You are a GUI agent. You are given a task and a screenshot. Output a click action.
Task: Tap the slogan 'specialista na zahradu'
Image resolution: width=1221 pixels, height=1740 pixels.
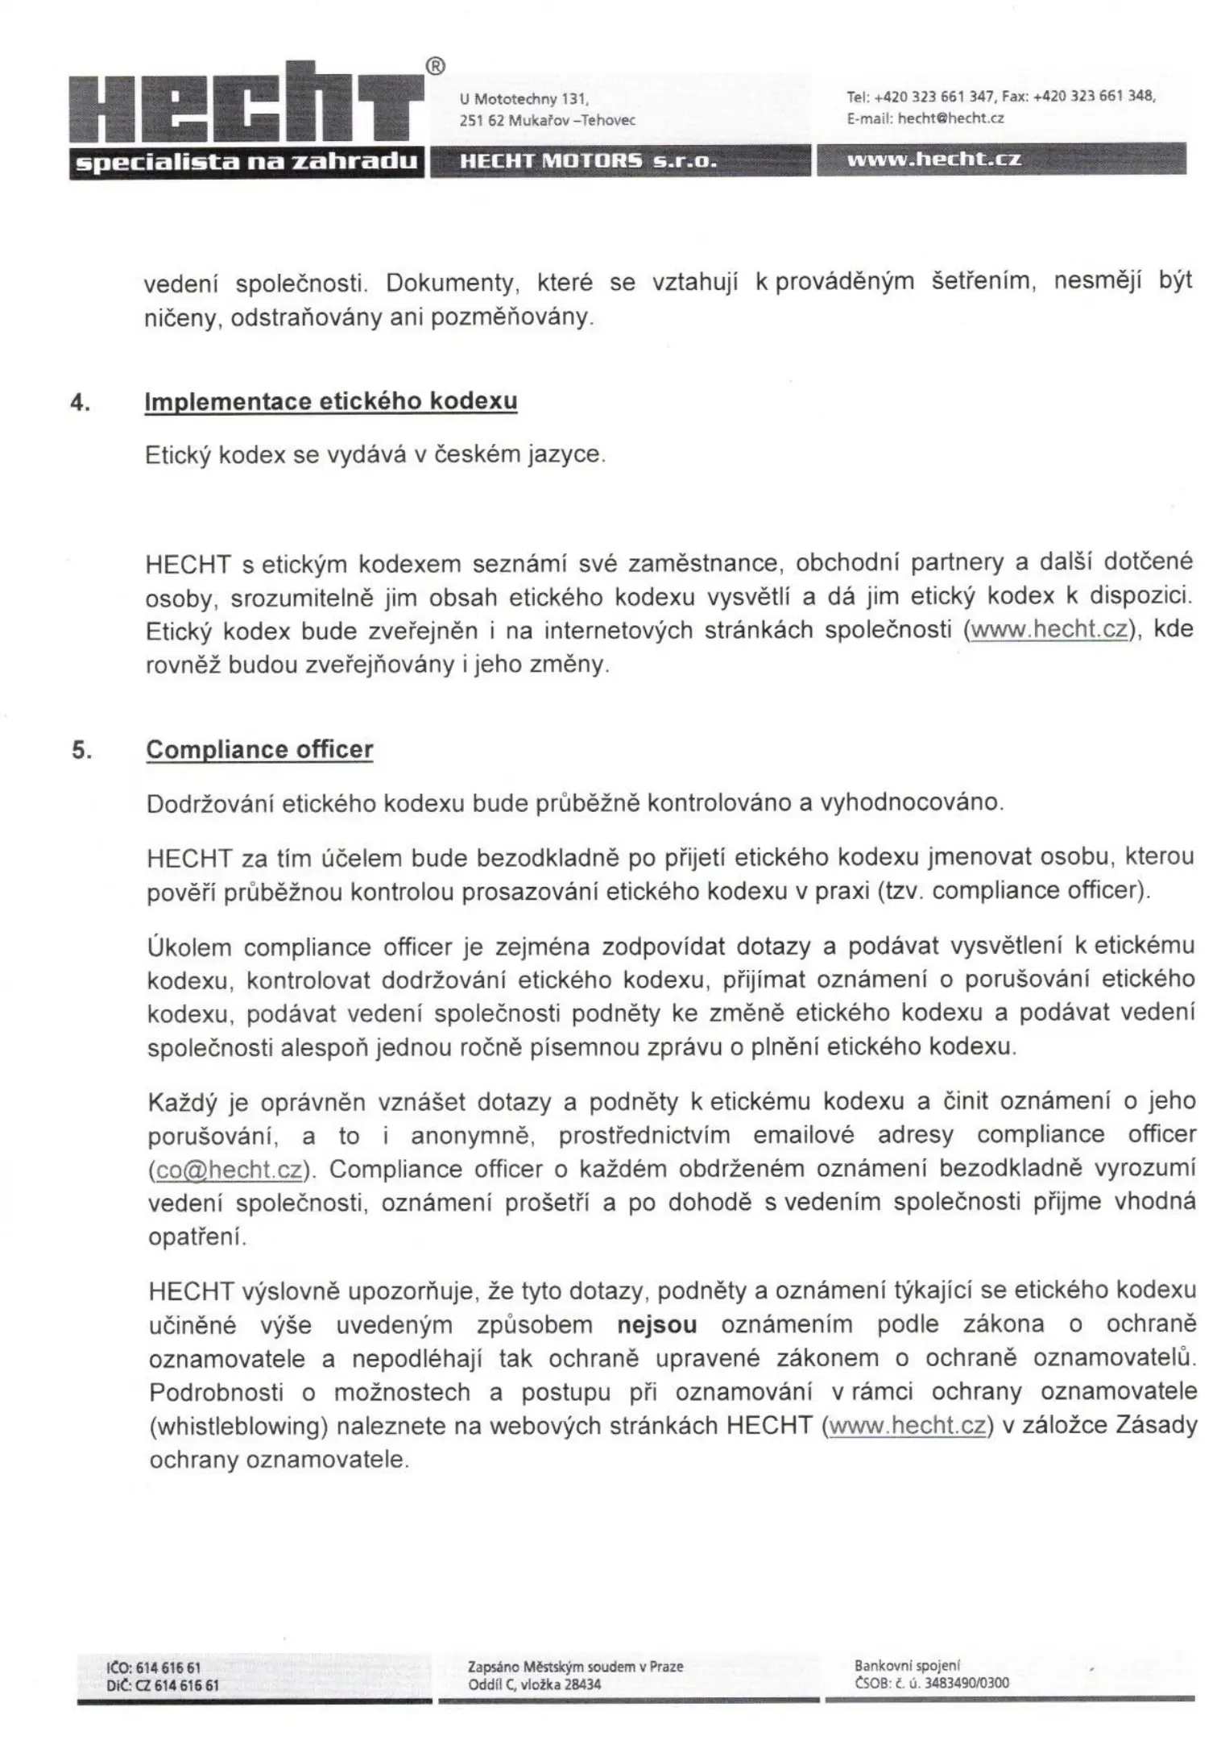(x=246, y=161)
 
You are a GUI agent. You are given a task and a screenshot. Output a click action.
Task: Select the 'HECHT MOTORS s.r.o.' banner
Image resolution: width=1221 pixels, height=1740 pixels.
(x=588, y=161)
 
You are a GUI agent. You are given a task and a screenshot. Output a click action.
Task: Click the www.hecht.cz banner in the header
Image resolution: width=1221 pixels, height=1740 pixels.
(x=934, y=159)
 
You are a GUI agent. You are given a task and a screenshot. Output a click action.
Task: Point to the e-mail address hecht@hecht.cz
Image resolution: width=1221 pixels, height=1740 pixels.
(x=950, y=118)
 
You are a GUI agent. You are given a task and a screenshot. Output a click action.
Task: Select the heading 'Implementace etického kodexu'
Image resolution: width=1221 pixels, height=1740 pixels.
(x=330, y=401)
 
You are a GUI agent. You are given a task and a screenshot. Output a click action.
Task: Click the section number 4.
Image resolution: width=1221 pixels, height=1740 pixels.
(x=79, y=402)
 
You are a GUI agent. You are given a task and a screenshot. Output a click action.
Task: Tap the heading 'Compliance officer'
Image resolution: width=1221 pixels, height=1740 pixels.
(x=259, y=749)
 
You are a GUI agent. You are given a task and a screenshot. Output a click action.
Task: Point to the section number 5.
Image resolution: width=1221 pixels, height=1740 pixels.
(x=81, y=750)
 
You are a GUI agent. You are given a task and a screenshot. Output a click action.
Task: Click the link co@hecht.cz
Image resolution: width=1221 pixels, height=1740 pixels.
(x=229, y=1169)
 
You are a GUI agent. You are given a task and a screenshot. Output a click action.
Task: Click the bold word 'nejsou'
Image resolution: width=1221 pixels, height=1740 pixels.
(x=656, y=1325)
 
